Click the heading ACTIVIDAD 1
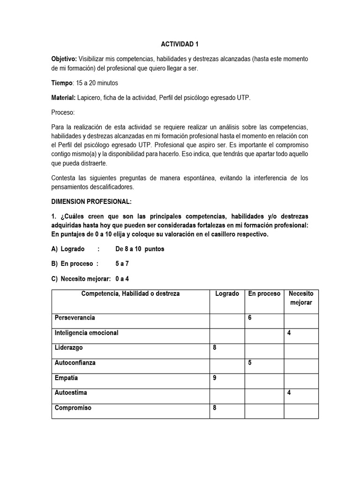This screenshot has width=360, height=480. coord(180,44)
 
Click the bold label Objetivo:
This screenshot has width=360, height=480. coord(64,59)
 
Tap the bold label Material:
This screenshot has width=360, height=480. coord(64,98)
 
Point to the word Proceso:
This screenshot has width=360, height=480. coord(63,113)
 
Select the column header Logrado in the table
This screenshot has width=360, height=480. coord(227,294)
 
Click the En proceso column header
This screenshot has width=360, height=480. coord(264,294)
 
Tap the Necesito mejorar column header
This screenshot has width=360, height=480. coord(301,298)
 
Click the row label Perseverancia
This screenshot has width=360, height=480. coord(75,318)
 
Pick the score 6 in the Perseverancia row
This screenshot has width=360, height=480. coord(250,318)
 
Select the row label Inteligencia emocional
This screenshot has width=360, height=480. coord(87,333)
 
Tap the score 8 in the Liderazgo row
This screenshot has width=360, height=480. coord(215,348)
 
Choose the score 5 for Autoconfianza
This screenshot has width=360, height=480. coord(250,363)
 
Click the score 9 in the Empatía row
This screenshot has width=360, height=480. coord(215,378)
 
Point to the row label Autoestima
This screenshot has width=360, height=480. coord(71,393)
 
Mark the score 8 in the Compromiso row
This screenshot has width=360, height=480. coord(215,408)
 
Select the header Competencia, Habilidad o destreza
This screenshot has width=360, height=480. coord(130,294)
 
